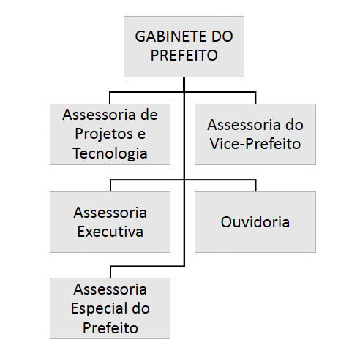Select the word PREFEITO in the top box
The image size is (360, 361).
click(184, 56)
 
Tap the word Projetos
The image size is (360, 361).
click(104, 134)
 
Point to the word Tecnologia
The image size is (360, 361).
click(110, 153)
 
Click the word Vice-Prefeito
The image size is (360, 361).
click(255, 144)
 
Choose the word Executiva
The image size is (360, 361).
click(110, 232)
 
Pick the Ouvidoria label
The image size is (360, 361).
click(255, 222)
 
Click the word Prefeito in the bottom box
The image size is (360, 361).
click(110, 328)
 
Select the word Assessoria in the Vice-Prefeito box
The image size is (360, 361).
click(244, 125)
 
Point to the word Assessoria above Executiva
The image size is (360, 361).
click(110, 213)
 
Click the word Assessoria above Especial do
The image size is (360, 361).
click(110, 289)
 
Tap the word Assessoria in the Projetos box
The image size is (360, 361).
click(99, 115)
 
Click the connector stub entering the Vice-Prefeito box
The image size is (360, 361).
click(255, 98)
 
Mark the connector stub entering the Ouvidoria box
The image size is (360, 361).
click(255, 186)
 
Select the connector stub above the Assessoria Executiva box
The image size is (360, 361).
click(110, 186)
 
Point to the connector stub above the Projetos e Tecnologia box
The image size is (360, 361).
click(110, 98)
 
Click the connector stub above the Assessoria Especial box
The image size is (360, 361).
click(110, 272)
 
